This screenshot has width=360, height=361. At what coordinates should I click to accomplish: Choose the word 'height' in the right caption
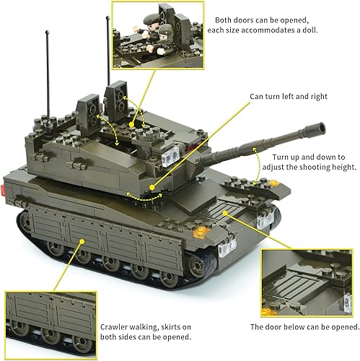[339, 168]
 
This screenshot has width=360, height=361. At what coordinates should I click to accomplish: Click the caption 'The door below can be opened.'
[304, 326]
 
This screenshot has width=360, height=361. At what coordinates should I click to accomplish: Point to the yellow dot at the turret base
[153, 187]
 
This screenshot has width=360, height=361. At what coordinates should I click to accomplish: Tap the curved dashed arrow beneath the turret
[141, 196]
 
